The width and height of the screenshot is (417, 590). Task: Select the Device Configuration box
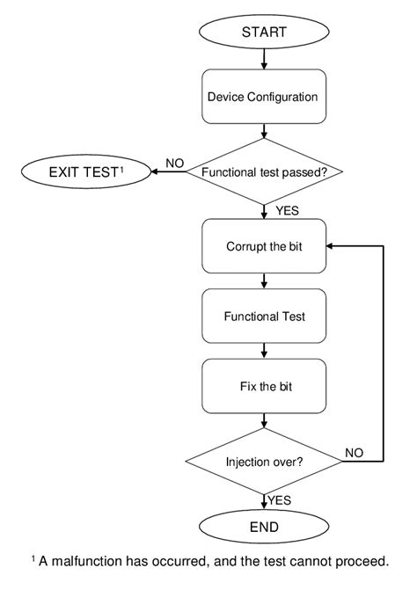tap(264, 98)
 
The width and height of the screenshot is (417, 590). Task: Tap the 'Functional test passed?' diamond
tap(265, 172)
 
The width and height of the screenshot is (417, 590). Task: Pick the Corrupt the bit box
tap(264, 245)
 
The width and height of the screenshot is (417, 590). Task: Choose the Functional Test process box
tap(264, 316)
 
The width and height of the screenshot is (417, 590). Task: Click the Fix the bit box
tap(264, 386)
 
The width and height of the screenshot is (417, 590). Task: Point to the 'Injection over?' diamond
tap(265, 460)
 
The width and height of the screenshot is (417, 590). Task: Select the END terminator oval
tap(265, 528)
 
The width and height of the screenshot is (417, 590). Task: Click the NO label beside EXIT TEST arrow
tap(174, 163)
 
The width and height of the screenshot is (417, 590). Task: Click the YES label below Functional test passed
tap(287, 210)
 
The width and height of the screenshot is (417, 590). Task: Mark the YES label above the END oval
tap(280, 499)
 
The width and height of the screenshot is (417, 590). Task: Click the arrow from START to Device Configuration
tap(265, 60)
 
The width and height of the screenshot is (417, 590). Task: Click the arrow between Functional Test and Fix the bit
tap(265, 351)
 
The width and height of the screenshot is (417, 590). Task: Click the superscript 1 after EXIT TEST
tap(121, 167)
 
